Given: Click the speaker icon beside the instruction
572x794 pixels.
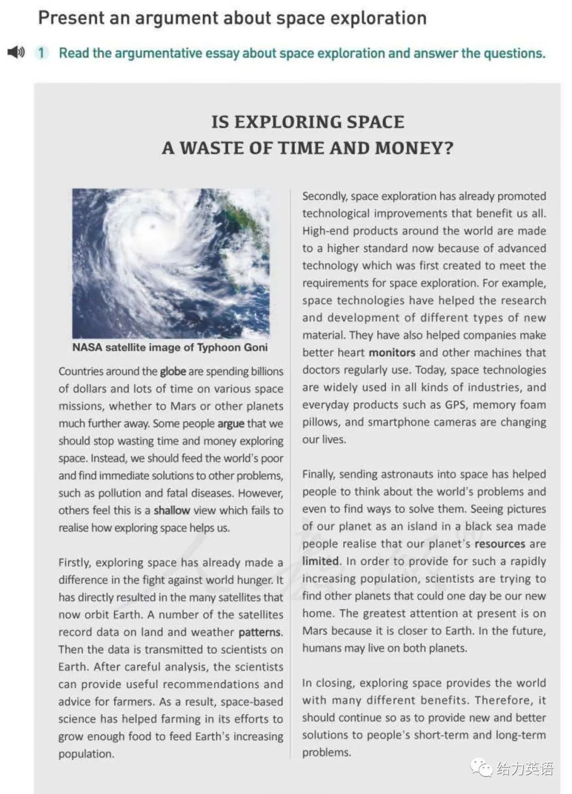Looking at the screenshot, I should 16,52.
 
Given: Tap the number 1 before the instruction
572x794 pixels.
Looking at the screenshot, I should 41,53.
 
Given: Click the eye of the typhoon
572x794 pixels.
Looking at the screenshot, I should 153,227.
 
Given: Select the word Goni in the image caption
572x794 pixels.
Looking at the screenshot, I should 255,347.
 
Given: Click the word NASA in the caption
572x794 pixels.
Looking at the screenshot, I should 87,347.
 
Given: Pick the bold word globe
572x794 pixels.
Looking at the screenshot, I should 173,371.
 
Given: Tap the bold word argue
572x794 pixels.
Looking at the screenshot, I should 231,423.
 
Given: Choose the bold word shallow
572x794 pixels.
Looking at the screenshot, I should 172,510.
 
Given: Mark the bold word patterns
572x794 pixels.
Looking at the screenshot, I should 260,632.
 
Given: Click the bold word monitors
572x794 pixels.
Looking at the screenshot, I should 392,353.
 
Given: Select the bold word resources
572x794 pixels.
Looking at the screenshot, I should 500,544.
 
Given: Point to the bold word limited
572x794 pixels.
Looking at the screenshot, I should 321,561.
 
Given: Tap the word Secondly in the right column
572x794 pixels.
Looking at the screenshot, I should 325,196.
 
